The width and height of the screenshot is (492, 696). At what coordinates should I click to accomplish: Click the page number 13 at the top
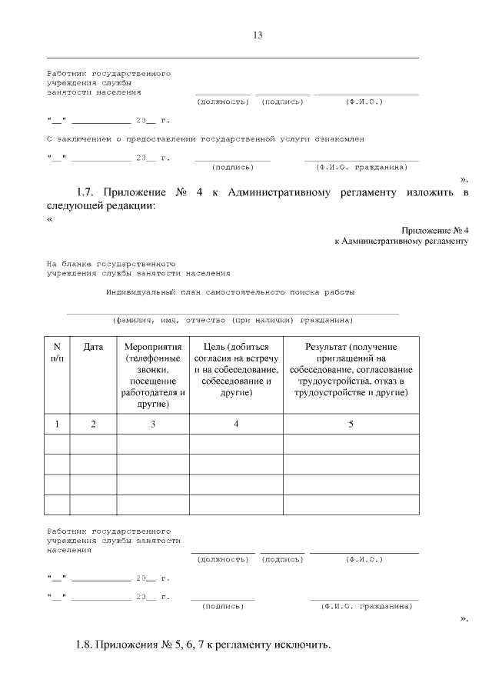258,35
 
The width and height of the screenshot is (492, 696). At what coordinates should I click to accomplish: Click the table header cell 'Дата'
93,347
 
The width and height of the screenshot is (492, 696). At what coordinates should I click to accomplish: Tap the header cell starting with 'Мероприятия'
153,375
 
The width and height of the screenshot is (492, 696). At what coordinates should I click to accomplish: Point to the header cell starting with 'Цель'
236,369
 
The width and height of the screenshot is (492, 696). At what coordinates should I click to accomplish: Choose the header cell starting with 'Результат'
351,369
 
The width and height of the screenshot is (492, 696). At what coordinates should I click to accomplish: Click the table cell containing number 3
153,424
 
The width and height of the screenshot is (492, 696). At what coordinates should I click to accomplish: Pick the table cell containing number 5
351,424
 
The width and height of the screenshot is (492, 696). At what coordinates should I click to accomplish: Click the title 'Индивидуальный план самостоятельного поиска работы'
230,292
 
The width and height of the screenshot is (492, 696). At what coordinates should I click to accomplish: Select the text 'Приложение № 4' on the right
434,231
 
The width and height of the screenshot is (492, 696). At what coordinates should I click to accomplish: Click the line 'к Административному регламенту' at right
401,241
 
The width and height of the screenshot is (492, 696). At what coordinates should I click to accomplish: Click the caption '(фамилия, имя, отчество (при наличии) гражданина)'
232,320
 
